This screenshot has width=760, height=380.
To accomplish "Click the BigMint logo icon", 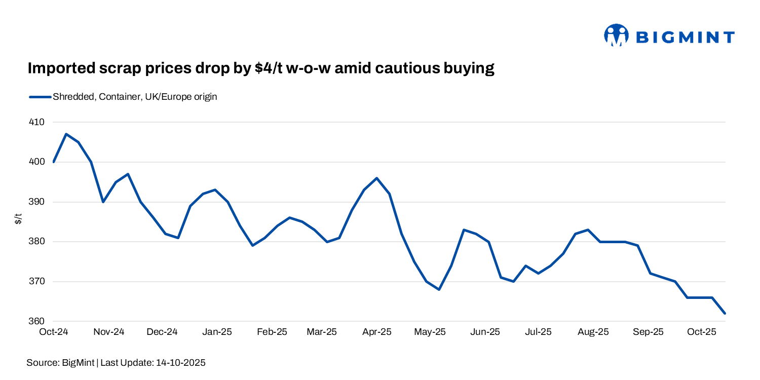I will tap(616, 35).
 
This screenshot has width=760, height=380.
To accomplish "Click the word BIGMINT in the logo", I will tap(684, 37).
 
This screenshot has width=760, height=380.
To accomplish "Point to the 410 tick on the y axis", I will tap(37, 122).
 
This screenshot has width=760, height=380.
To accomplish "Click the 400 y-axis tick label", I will tap(37, 162).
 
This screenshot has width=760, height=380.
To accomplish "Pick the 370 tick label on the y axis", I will tap(37, 282).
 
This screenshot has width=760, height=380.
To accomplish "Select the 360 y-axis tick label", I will tap(37, 321).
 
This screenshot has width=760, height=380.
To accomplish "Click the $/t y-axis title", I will tap(18, 219).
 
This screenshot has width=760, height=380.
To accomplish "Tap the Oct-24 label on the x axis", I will tap(54, 332).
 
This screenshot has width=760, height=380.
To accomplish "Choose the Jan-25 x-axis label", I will tap(217, 332).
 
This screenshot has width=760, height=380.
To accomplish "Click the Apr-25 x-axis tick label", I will tap(377, 332).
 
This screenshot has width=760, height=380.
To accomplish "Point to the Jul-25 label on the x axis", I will tap(538, 332).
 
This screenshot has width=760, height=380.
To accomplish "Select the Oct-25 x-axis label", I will tap(701, 332).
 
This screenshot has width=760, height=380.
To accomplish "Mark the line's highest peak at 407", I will tap(66, 134).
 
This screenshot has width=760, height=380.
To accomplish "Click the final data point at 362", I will tap(725, 314).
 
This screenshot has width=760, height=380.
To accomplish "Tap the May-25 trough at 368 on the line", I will tap(439, 289).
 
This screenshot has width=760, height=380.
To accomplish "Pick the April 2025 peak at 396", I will tap(377, 178).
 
